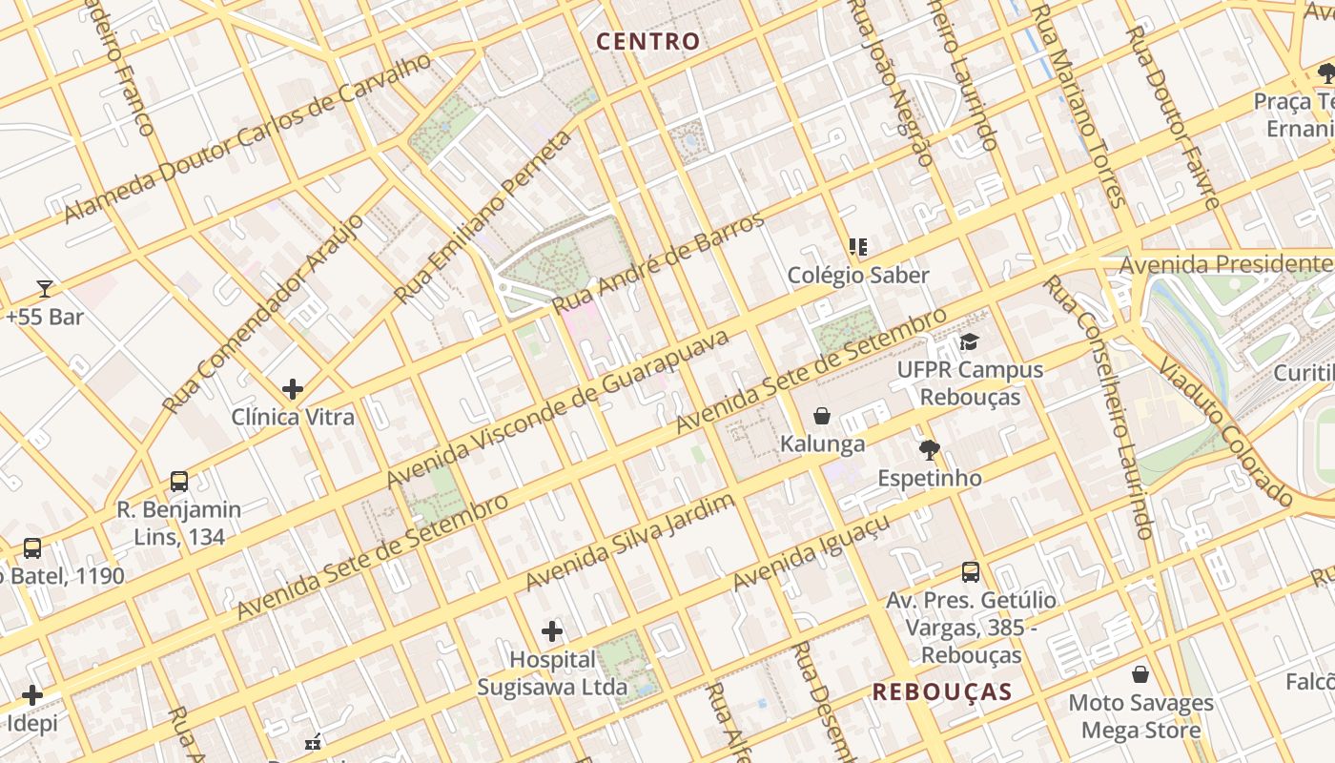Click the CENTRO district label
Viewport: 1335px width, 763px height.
coord(647,41)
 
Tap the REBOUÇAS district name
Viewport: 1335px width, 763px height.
coord(942,691)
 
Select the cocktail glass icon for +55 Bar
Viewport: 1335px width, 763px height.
coord(44,288)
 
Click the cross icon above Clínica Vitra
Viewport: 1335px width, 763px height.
coord(293,389)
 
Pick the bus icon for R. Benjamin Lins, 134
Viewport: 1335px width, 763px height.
coord(179,482)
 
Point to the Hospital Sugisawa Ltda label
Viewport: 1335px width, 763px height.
coord(552,672)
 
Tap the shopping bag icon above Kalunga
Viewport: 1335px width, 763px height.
coord(822,416)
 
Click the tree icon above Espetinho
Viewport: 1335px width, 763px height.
coord(929,450)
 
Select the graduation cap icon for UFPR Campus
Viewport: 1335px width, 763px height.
coord(970,341)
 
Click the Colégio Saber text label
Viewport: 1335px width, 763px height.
coord(857,276)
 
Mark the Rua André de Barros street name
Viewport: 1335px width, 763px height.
coord(658,263)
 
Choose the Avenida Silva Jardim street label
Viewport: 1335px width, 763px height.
coord(630,542)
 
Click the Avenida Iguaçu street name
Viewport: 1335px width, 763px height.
coord(811,552)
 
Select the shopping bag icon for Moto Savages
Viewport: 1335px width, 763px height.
coord(1140,675)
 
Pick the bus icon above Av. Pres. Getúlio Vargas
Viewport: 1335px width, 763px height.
coord(971,572)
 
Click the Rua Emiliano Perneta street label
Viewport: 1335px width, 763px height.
coord(484,217)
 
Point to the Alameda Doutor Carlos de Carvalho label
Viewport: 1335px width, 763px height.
coord(248,139)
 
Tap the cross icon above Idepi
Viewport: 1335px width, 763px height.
coord(32,695)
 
